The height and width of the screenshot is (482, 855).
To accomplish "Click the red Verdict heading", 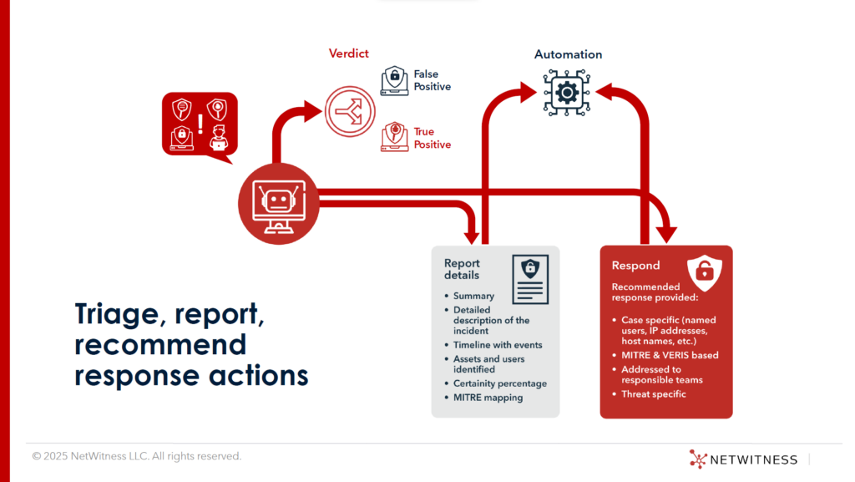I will click(349, 54).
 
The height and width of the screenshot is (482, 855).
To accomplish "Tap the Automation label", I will click(568, 54).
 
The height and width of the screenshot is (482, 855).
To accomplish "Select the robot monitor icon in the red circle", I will click(279, 204).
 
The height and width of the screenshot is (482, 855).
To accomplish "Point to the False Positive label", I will click(432, 80).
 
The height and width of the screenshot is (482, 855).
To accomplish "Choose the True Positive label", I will click(432, 138).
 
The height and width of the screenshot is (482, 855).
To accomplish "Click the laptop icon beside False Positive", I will click(395, 81).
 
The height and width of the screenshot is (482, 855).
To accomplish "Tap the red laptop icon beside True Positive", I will click(395, 137).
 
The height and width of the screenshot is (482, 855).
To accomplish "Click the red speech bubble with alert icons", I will click(199, 124).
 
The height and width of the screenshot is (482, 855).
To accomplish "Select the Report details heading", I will click(462, 269).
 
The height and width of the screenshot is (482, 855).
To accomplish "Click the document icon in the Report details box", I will click(529, 279).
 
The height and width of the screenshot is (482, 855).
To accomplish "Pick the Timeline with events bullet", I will click(498, 345).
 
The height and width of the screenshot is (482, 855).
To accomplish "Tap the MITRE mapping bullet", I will click(488, 398).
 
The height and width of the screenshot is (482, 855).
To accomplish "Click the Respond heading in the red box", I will click(635, 266).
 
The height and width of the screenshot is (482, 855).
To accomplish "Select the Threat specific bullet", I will click(653, 394).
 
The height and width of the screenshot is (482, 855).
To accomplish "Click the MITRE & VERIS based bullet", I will click(670, 355).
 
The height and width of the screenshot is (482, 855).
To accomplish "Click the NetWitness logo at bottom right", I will click(743, 459).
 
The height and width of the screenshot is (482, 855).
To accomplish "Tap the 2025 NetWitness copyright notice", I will click(137, 456).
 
